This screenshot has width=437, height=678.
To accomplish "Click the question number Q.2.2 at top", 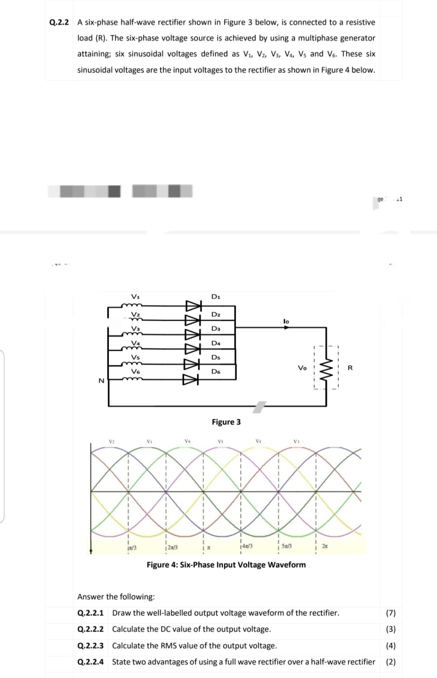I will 59,22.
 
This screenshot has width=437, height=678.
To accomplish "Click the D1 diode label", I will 216,297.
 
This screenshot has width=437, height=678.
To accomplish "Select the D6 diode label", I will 216,372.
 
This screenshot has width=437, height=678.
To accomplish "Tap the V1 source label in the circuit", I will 135,296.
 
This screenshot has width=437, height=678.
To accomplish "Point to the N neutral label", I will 101,381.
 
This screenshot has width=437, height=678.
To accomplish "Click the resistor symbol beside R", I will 326,367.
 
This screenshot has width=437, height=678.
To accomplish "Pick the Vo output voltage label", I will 302,368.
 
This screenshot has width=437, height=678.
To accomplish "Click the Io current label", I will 286,322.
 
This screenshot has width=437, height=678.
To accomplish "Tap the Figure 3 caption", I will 226,422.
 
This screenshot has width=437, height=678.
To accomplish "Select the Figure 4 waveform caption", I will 226,565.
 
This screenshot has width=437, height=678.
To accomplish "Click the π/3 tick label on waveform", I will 132,548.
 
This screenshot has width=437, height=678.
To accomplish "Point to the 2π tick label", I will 325,547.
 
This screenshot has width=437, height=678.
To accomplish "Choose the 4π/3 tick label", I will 247,546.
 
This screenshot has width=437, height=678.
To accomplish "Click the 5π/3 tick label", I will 286,547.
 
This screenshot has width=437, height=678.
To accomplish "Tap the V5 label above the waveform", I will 220,442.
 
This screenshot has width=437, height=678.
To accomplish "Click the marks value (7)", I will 391,613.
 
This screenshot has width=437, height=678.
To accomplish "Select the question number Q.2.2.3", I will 90,646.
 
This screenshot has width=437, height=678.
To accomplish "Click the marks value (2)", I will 391,662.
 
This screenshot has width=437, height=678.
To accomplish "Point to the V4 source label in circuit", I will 135,343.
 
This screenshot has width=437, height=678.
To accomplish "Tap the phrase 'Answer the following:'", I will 116,597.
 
